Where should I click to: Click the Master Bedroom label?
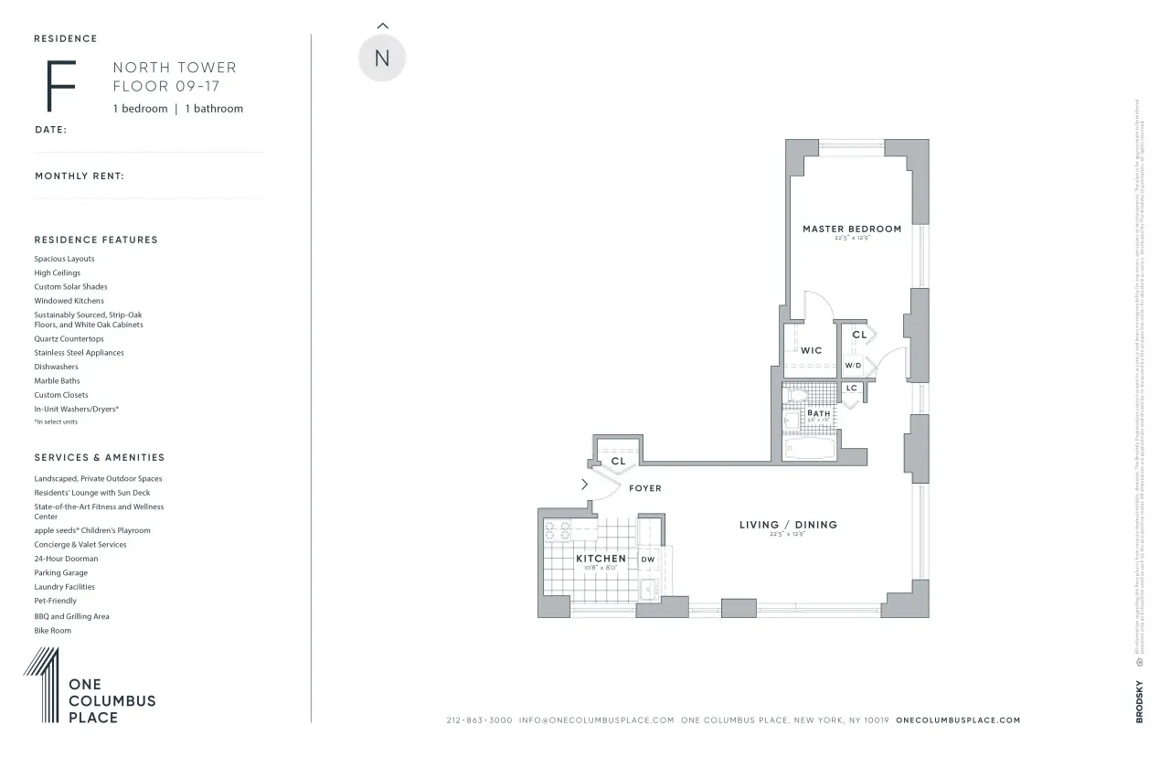(x=852, y=229)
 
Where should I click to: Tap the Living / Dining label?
(x=788, y=525)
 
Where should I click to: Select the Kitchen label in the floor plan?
(x=601, y=558)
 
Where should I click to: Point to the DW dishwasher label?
(x=647, y=560)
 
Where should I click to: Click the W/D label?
(x=853, y=366)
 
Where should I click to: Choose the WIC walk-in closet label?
(x=811, y=350)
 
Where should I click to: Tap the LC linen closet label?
(x=852, y=388)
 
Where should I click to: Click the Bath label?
(x=818, y=413)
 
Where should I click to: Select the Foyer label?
(x=644, y=488)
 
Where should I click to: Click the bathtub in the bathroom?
(x=811, y=449)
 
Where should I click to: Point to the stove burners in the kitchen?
(x=558, y=530)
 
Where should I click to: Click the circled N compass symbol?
(x=382, y=58)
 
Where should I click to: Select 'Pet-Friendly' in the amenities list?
(x=56, y=601)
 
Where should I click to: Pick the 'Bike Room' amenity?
(x=53, y=631)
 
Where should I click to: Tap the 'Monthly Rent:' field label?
(x=80, y=176)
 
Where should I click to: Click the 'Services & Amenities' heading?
(x=100, y=457)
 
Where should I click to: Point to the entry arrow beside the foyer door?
(x=584, y=485)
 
